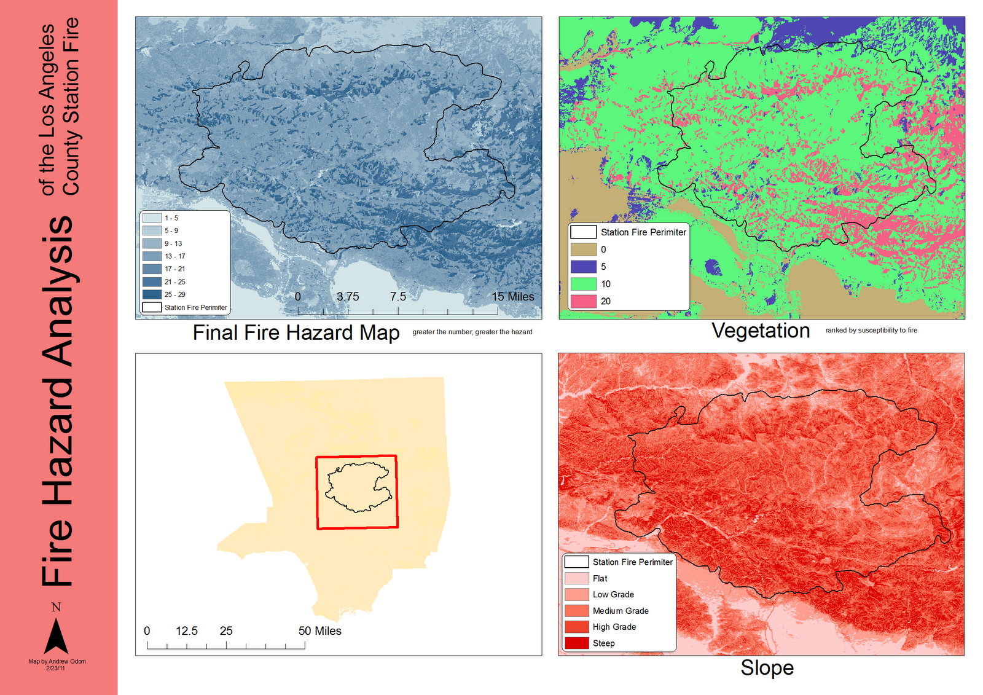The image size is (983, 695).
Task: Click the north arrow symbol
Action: (56, 635)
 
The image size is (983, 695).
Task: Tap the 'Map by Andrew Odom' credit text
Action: (57, 661)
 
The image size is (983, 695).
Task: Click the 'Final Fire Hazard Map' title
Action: (296, 332)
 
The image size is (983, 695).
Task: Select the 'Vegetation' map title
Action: (761, 331)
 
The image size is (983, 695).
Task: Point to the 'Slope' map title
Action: (767, 667)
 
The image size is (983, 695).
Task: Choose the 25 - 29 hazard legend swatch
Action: (152, 294)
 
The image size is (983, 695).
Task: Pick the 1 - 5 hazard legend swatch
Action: (152, 218)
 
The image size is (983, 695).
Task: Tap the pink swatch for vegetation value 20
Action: (583, 301)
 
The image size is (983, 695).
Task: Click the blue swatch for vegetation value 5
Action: (583, 267)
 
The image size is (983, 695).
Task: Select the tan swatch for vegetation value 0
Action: (583, 249)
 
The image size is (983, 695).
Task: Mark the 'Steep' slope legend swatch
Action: (576, 643)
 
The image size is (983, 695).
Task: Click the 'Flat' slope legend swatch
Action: (576, 578)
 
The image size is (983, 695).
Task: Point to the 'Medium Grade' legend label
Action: (621, 611)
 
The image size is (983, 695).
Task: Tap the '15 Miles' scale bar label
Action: (512, 297)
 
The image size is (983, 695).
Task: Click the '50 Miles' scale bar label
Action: (319, 631)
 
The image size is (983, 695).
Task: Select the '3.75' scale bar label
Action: (348, 297)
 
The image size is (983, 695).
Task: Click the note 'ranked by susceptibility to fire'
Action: (871, 331)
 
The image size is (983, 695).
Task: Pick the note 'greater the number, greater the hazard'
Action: (472, 332)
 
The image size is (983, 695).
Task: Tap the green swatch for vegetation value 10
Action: (583, 284)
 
